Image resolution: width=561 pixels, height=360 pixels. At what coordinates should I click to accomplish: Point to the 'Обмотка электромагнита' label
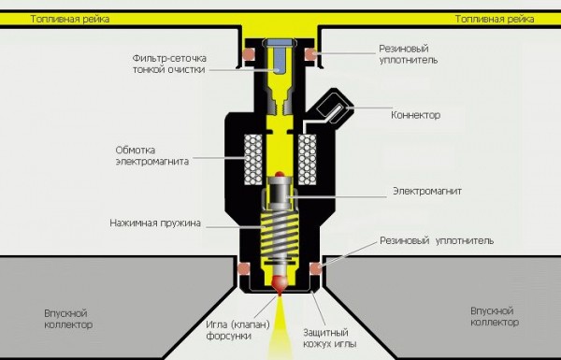click(x=152, y=154)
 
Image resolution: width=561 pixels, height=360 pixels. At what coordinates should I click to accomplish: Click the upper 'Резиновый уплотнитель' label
click(x=409, y=51)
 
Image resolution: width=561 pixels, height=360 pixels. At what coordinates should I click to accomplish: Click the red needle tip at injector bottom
click(x=280, y=281)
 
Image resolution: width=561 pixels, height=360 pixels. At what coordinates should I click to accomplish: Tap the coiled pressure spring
click(x=280, y=239)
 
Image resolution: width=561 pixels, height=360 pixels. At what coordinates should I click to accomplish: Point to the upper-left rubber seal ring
click(x=249, y=53)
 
